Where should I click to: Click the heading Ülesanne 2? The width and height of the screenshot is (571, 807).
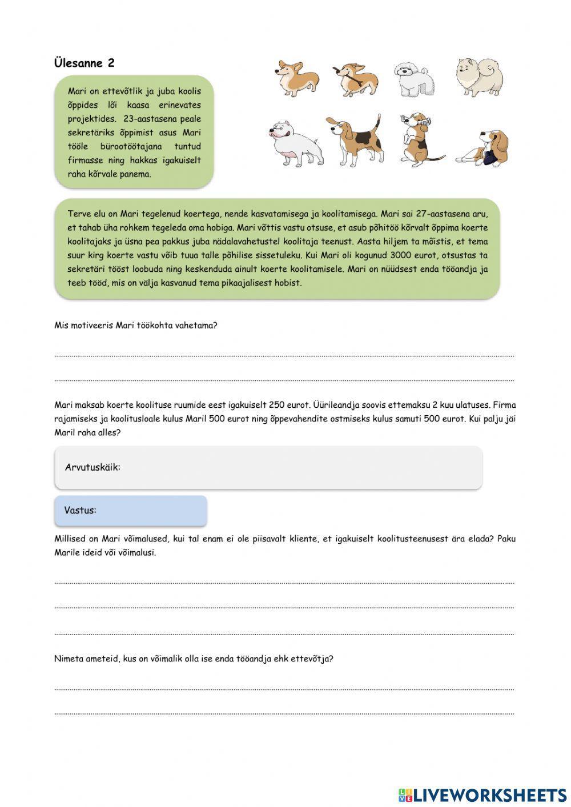coord(84,63)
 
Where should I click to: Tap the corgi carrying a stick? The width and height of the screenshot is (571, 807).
coord(356,78)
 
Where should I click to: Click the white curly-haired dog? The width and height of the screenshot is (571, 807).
coord(413,79)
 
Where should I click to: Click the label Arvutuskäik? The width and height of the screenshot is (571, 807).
coord(93,467)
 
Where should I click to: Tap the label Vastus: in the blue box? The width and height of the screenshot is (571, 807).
coord(80,510)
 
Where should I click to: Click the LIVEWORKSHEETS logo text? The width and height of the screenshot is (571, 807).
coord(490,794)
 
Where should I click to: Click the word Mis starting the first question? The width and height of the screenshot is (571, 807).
coord(62,326)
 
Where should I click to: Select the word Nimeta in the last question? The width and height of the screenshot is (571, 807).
coord(67,659)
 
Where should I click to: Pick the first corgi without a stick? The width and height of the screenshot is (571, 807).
coord(298,77)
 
